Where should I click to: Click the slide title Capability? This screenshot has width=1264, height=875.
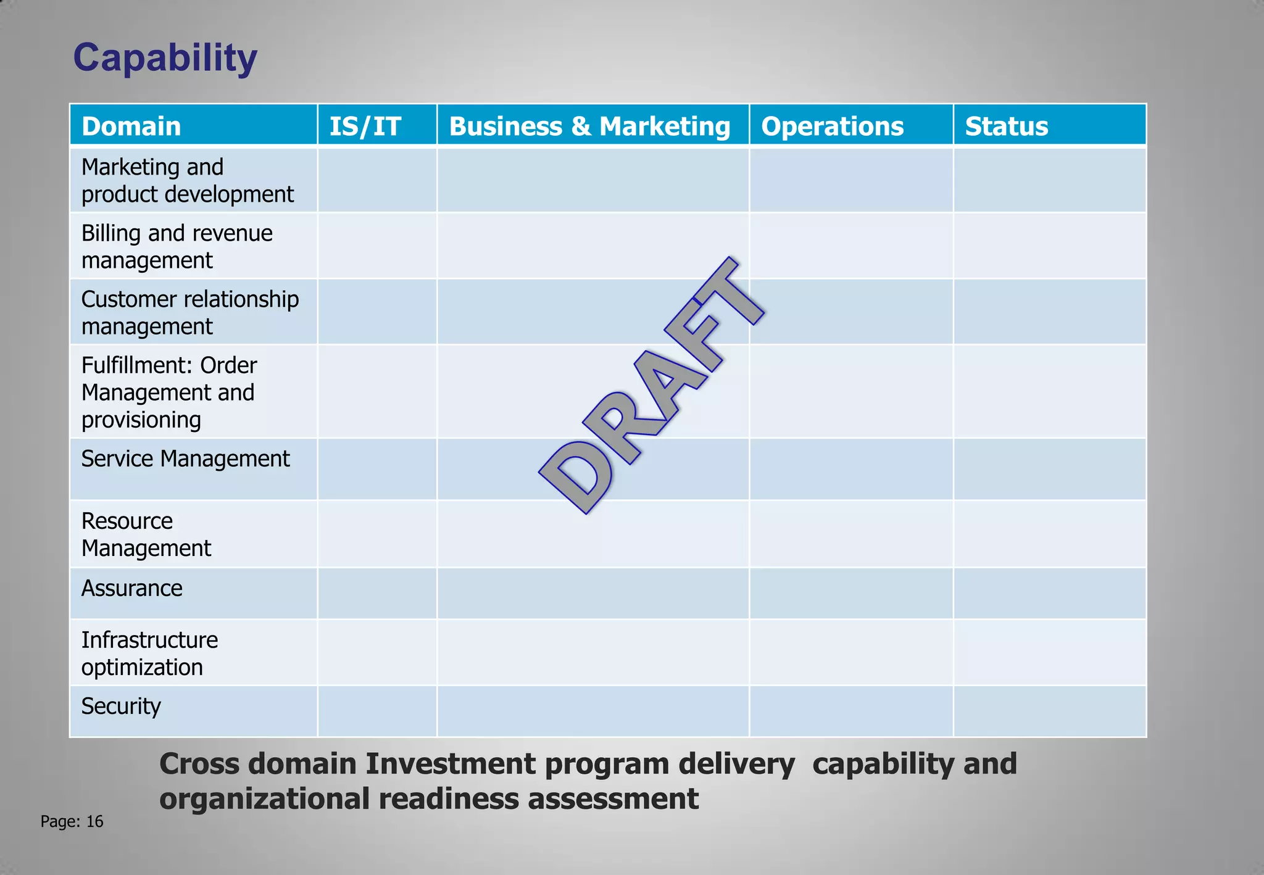click(165, 58)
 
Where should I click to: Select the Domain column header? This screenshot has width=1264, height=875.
click(131, 126)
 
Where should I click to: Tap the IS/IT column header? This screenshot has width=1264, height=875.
click(365, 126)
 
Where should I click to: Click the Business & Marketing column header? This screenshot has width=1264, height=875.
click(589, 126)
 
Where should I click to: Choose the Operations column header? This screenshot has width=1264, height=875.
click(832, 126)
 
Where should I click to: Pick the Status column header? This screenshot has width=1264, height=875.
click(1006, 126)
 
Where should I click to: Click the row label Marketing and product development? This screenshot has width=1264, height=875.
click(187, 180)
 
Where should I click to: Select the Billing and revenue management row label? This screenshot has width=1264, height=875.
click(177, 246)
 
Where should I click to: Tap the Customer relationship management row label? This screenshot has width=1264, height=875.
click(189, 312)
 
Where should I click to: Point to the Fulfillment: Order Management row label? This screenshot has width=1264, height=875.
click(168, 392)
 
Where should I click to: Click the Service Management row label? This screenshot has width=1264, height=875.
click(185, 458)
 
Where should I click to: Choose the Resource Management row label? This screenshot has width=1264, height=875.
click(146, 534)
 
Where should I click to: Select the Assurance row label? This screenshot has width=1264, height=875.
click(131, 588)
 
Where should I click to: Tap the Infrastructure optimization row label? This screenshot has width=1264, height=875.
click(149, 653)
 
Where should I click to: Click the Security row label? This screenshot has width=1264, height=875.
click(121, 706)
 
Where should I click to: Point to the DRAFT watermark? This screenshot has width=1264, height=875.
click(651, 386)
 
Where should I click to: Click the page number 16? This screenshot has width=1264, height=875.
click(94, 821)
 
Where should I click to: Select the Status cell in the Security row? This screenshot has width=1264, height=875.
click(1049, 711)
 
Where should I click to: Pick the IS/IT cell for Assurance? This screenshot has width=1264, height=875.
click(377, 593)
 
